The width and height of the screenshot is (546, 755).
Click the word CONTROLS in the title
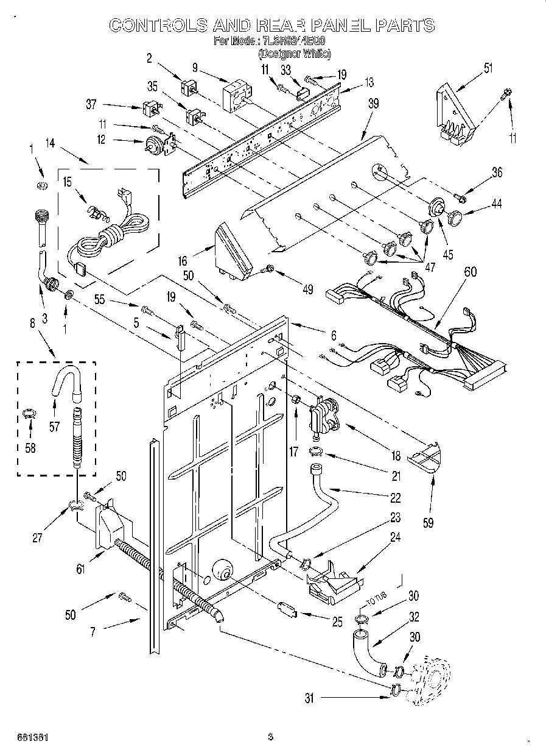[x=156, y=25]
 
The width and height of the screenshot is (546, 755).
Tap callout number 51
[x=488, y=68]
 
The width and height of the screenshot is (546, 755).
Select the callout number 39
[x=374, y=104]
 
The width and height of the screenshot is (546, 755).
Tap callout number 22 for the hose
[x=396, y=498]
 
